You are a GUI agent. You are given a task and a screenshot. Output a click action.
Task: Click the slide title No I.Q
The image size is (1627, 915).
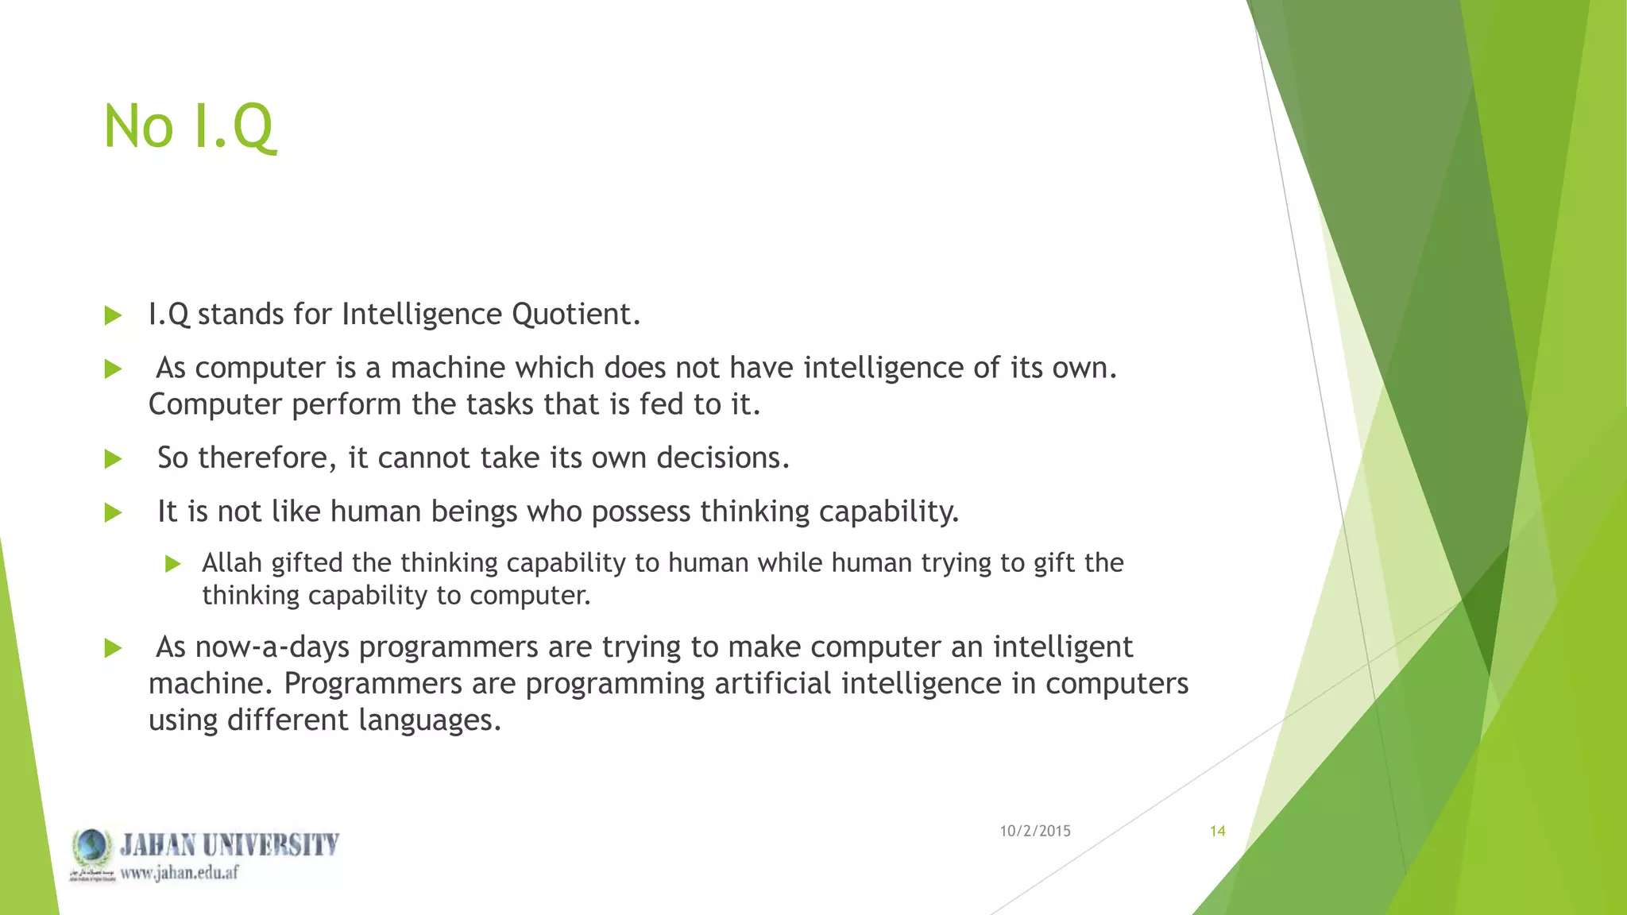click(189, 127)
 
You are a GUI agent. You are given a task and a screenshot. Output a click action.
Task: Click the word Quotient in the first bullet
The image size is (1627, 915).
click(575, 315)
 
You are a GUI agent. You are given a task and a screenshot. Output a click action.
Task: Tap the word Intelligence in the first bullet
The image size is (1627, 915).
click(422, 315)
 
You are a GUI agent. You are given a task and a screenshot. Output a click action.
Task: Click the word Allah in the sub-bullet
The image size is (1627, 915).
click(231, 562)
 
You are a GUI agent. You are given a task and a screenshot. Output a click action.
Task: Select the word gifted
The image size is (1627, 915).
click(307, 562)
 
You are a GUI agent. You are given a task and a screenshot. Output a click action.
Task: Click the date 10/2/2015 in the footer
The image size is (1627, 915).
click(1034, 831)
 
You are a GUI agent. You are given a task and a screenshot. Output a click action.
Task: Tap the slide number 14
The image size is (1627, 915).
click(1217, 831)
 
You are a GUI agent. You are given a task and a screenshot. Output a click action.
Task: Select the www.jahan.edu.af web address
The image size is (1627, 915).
click(180, 873)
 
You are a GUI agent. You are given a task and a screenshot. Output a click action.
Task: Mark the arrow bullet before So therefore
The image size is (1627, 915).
click(113, 459)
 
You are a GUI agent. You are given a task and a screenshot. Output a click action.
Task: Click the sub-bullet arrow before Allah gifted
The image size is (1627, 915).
click(173, 564)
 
